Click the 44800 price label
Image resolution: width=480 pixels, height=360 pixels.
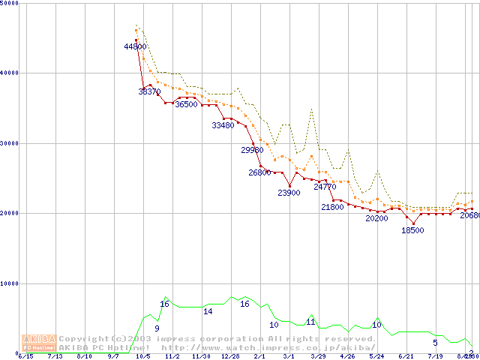pos(136,46)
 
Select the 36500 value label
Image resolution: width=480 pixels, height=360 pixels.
pos(186,105)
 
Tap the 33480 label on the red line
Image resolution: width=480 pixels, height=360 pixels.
pos(223,126)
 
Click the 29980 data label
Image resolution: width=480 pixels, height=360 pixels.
pos(253,150)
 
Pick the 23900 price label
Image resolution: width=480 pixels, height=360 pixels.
pos(289,193)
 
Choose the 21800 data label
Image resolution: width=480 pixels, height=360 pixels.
pos(332,207)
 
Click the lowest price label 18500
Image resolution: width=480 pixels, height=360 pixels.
pos(412,230)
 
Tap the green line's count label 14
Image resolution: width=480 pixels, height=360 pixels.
pos(208,311)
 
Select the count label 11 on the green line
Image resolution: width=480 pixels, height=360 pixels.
pos(310,322)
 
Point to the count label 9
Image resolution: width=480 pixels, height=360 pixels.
pos(157,328)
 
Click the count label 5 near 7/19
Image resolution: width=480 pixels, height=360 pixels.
pos(435,343)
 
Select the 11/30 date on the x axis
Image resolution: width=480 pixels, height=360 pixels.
pos(201,357)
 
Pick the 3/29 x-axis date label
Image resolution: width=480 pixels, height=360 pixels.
pos(318,357)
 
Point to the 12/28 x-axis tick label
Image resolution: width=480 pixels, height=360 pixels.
pos(230,357)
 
